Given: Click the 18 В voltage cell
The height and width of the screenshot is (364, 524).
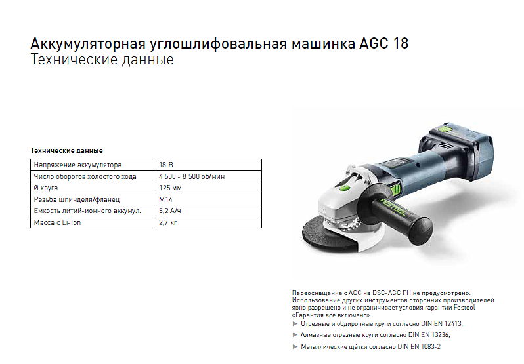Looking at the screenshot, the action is click(x=209, y=165).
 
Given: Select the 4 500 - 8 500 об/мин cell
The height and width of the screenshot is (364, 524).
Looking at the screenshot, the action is click(x=209, y=176).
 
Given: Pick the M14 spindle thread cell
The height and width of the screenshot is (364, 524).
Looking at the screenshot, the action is click(x=209, y=199).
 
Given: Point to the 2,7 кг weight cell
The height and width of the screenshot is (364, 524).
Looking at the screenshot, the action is click(x=209, y=222).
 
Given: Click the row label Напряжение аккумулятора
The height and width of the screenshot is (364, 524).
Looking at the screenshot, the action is click(x=77, y=165).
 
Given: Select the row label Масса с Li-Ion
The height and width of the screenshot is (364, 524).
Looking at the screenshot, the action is click(x=57, y=222).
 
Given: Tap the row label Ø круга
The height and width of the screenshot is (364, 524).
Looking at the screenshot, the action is click(x=46, y=188).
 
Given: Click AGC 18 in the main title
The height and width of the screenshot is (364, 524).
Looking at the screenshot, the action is click(x=383, y=43).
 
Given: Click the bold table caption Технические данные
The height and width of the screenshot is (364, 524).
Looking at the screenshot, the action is click(x=66, y=150).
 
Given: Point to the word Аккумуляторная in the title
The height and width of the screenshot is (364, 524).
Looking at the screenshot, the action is click(x=88, y=44).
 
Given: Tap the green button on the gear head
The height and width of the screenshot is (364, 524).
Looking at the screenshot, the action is click(x=345, y=188).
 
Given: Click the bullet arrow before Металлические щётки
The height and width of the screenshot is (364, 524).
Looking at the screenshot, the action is click(x=295, y=347).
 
